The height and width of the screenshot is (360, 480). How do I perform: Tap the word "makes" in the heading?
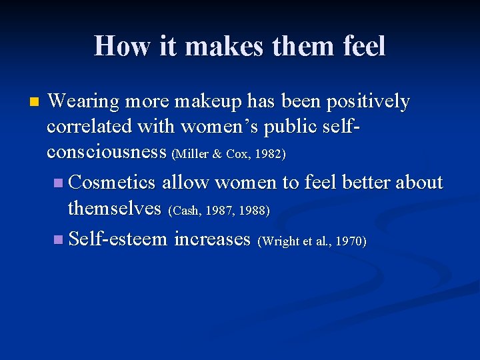(215, 46)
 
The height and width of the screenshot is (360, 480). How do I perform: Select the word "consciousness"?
(107, 152)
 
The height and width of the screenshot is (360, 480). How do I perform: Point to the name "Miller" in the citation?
(189, 154)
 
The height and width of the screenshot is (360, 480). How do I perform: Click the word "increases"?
(212, 238)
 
